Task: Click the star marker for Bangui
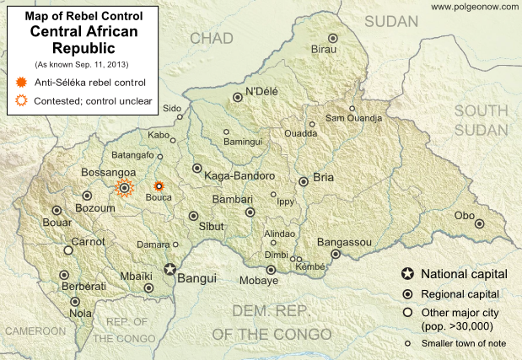click(x=172, y=271)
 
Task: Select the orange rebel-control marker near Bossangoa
click(x=125, y=187)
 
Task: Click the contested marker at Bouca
click(x=158, y=186)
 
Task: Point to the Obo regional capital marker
click(x=479, y=223)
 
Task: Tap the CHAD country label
click(x=212, y=39)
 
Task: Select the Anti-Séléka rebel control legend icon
click(x=21, y=83)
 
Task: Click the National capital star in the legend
click(x=408, y=274)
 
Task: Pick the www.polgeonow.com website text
click(x=472, y=7)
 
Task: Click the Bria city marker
click(x=304, y=181)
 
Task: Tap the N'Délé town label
click(x=261, y=90)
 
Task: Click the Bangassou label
click(x=344, y=242)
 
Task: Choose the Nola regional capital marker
click(x=75, y=302)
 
